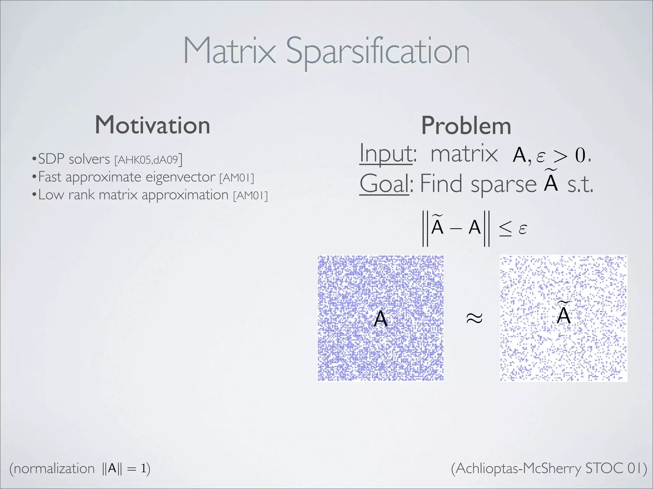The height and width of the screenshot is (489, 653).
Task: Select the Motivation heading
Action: pos(152,125)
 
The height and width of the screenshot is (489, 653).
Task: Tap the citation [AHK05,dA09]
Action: pos(148,159)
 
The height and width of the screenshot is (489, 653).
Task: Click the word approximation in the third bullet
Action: pos(185,195)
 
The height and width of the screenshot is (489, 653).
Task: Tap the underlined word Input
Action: pos(386,154)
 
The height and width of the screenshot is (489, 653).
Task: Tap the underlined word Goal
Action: pos(384,184)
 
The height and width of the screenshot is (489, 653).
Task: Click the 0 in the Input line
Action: pos(581,156)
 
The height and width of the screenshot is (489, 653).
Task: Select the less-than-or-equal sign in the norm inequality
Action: pos(505,229)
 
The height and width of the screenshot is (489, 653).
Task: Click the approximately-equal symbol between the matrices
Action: pos(474,318)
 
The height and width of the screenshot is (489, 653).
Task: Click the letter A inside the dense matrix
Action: pos(380,318)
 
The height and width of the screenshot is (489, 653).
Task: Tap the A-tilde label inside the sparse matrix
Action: pos(563,314)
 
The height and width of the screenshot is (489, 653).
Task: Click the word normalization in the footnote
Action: pos(54,469)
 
